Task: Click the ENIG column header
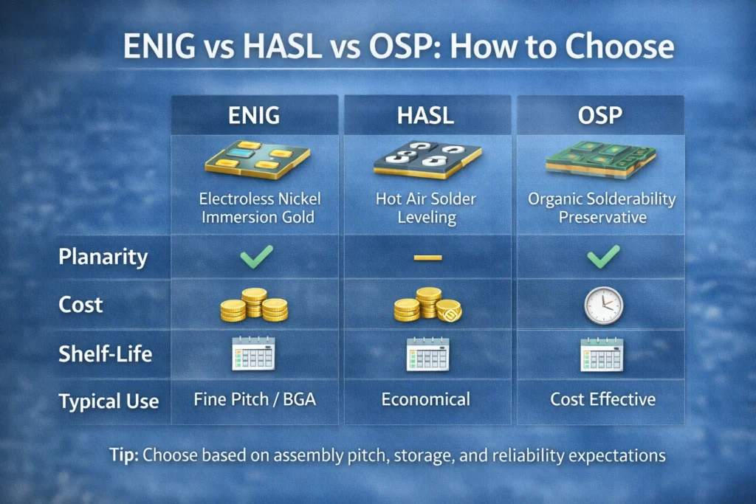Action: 255,117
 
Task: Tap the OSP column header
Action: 599,117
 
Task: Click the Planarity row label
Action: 103,258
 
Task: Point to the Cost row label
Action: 81,305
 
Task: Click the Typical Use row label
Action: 109,401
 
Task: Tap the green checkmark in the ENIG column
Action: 255,257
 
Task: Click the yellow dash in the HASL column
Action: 427,258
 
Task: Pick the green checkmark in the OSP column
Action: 603,257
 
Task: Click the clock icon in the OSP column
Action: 603,305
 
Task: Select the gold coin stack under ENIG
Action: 254,305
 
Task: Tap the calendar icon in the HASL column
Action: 427,353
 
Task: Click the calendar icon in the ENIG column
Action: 253,353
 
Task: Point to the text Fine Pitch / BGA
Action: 255,400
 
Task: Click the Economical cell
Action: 425,400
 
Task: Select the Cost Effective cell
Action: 602,400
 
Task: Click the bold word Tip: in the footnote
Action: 123,455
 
